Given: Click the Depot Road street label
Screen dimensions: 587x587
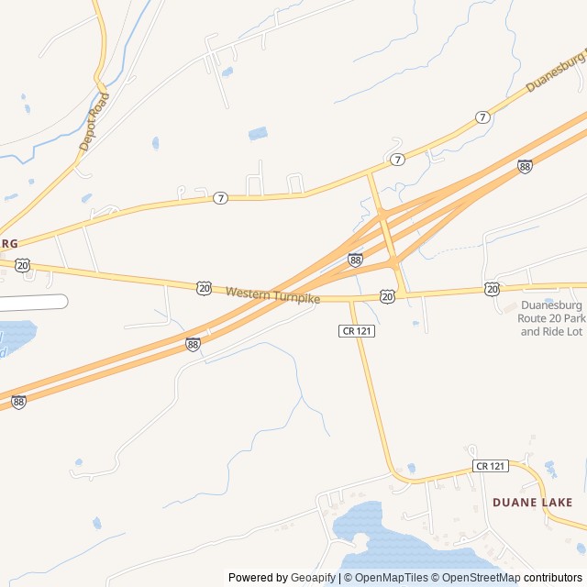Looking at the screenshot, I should pos(94,121).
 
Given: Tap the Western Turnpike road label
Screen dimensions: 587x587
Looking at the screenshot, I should pos(272,293).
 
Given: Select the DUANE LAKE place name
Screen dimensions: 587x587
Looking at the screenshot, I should pos(532,503).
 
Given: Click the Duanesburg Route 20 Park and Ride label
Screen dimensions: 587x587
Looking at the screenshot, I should pos(550,318).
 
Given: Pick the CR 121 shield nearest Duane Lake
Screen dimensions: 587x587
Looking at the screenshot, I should pos(491,466).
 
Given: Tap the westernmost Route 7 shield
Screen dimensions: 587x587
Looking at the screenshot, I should pos(220,198).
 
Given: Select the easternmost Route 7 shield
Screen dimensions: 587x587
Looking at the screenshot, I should pos(482,117).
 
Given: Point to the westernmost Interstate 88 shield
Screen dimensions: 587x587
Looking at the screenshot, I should pos(18,402).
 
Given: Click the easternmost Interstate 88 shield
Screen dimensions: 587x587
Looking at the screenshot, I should pos(524,166).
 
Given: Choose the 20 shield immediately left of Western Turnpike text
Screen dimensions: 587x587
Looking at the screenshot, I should pos(204,288).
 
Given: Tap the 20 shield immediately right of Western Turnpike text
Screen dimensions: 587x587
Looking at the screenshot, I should pos(388,296).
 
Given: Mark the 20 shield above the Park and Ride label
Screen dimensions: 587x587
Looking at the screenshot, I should pos(493,289).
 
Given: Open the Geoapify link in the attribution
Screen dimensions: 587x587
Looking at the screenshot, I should pos(314,578).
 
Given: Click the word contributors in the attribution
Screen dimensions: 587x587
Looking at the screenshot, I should pos(553,578).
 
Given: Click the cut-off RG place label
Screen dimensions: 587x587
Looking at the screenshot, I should pos(9,243).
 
